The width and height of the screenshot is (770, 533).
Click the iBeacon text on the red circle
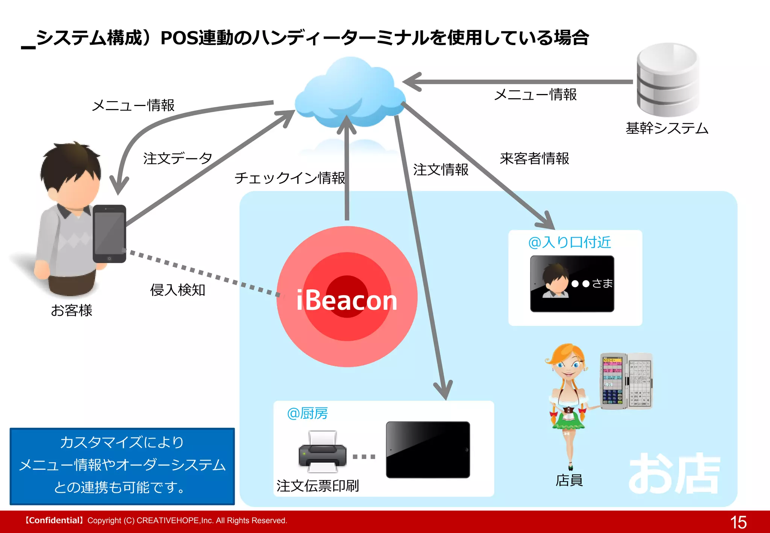coord(346,300)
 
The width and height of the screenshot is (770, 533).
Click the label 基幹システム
coord(667,128)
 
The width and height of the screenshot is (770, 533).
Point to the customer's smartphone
coord(109,234)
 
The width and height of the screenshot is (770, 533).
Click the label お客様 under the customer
coord(71,310)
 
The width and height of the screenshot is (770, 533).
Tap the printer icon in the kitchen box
coord(322,451)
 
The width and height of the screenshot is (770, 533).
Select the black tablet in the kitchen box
coord(428,450)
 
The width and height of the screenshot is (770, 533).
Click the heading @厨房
coord(307,413)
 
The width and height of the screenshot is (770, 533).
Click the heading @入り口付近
coord(570,242)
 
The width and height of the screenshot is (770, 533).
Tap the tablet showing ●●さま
coord(572,284)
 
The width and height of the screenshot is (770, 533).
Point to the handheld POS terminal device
coord(626,381)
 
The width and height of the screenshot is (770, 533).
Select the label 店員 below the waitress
coord(569,480)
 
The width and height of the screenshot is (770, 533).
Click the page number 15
coord(738,522)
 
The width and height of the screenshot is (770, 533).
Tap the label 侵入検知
coord(177,290)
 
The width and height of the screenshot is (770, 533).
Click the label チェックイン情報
coord(290,178)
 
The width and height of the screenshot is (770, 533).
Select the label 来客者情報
coord(534,159)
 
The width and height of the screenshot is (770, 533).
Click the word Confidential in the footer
coord(54,521)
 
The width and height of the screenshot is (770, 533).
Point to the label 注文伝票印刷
coord(318,486)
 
